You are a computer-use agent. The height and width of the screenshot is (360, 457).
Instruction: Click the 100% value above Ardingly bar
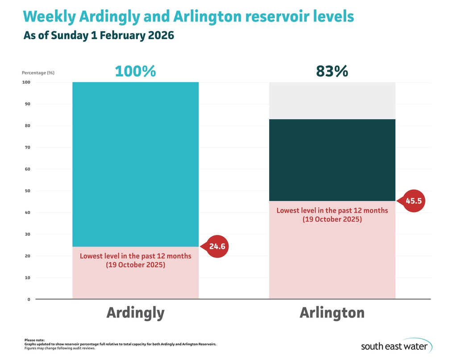click(x=135, y=71)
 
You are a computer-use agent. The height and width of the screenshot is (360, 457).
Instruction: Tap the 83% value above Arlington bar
click(x=332, y=71)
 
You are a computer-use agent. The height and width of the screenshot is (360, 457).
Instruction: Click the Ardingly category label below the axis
click(x=135, y=313)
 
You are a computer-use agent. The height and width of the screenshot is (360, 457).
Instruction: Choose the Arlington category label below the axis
click(x=332, y=313)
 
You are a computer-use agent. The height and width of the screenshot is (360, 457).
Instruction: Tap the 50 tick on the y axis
click(x=27, y=191)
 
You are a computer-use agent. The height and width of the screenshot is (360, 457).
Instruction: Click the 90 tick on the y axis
click(x=27, y=104)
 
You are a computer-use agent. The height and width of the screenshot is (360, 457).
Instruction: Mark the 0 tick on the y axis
click(x=29, y=299)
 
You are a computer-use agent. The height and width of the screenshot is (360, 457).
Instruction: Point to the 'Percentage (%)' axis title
click(x=38, y=73)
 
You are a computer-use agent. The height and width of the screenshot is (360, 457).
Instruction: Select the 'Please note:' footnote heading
click(x=35, y=340)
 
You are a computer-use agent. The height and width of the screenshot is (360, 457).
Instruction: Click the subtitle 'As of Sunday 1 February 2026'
click(x=99, y=36)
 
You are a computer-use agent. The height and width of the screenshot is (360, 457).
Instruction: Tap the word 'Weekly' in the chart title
click(x=49, y=17)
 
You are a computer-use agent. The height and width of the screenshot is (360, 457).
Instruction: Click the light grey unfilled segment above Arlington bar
click(x=332, y=100)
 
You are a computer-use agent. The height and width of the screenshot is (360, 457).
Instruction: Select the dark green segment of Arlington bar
click(x=332, y=160)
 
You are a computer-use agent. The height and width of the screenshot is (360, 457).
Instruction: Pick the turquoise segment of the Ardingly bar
click(x=135, y=164)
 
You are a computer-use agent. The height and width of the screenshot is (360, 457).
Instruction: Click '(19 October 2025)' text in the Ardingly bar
click(x=135, y=265)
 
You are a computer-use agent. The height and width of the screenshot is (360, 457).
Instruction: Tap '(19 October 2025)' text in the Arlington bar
click(x=332, y=219)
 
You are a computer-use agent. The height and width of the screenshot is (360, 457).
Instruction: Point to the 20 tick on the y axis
click(x=27, y=256)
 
